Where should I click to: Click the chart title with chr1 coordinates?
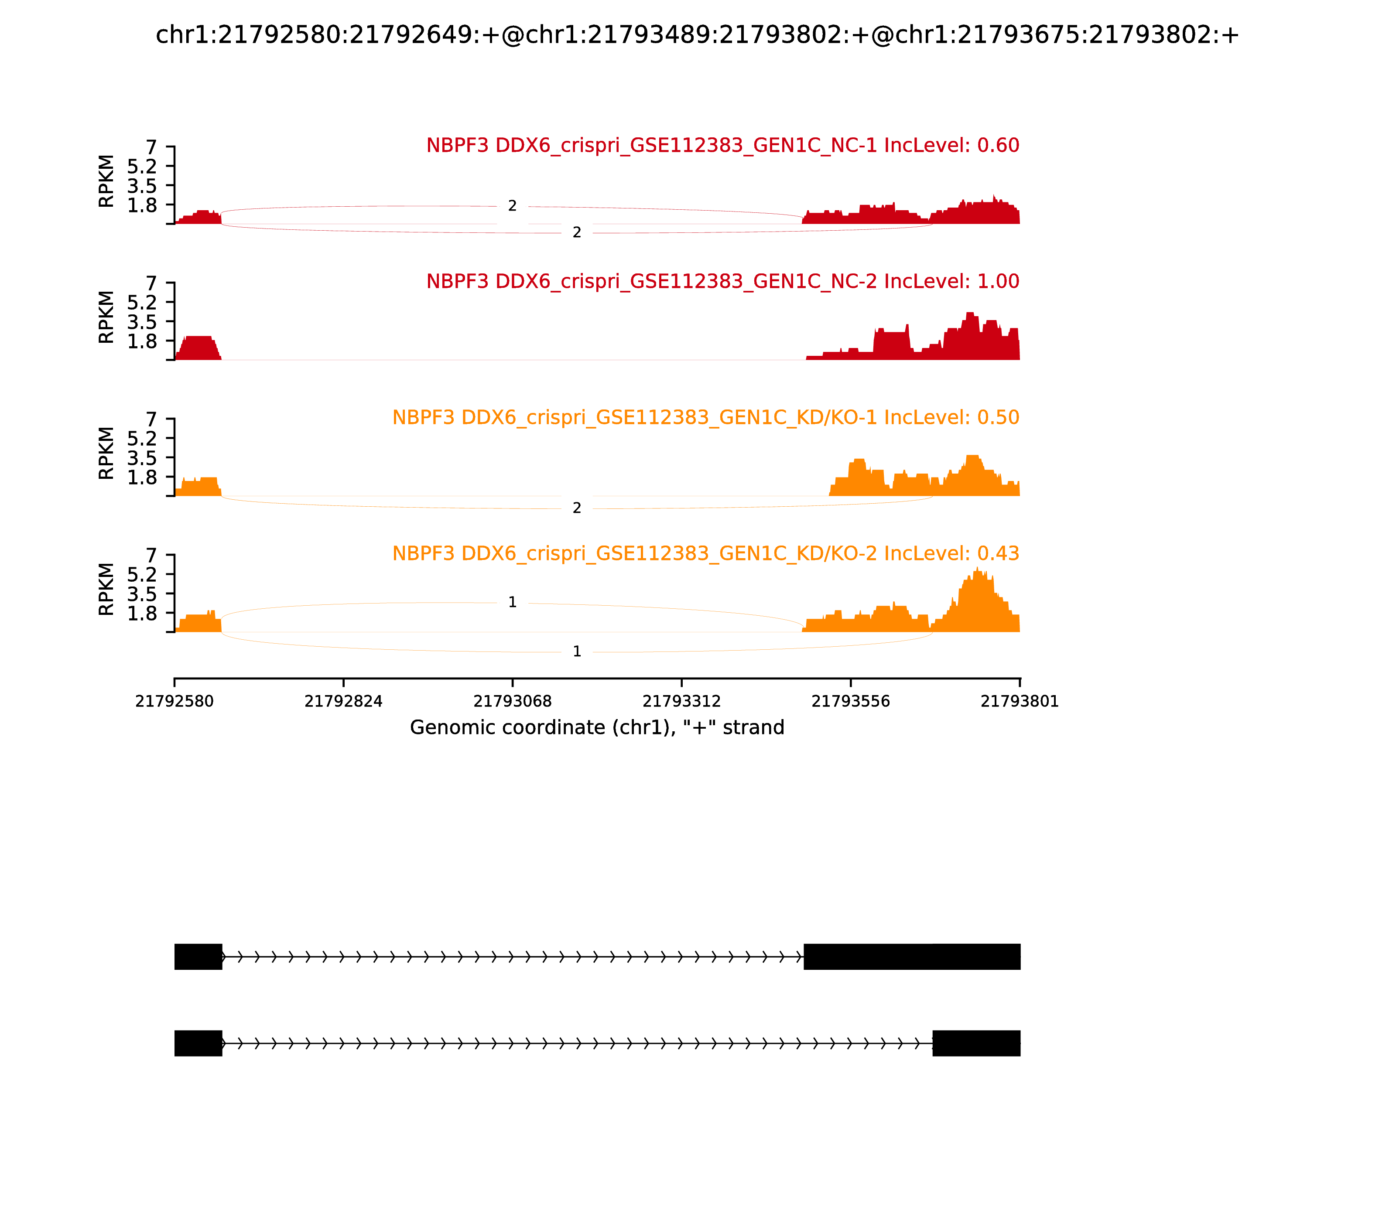[x=697, y=35]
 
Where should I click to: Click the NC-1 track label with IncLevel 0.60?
[x=722, y=145]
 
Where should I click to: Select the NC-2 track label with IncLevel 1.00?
[x=722, y=281]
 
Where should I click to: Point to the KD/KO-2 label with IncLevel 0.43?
[x=705, y=553]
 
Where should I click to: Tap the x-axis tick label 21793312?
[x=681, y=701]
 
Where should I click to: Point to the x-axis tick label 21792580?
[x=174, y=701]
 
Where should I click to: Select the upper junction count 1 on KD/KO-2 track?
[x=513, y=602]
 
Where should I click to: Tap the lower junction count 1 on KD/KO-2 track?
[x=577, y=651]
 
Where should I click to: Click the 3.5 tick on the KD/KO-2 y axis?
[x=142, y=594]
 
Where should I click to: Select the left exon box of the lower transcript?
[x=198, y=1043]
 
